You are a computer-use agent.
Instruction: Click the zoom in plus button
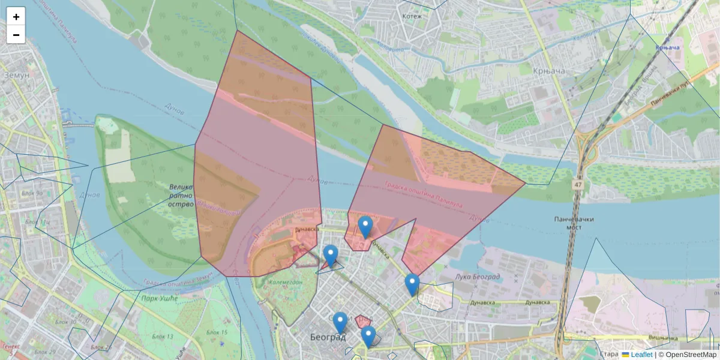click(16, 17)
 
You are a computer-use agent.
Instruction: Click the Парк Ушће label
click(158, 298)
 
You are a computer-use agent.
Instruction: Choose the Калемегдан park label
click(284, 281)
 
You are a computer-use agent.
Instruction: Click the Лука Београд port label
click(478, 277)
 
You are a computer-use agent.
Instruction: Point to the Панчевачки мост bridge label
click(574, 224)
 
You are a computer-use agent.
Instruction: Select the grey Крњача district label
click(548, 71)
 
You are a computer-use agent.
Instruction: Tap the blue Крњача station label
click(667, 47)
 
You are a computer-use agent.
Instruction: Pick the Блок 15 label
click(217, 332)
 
